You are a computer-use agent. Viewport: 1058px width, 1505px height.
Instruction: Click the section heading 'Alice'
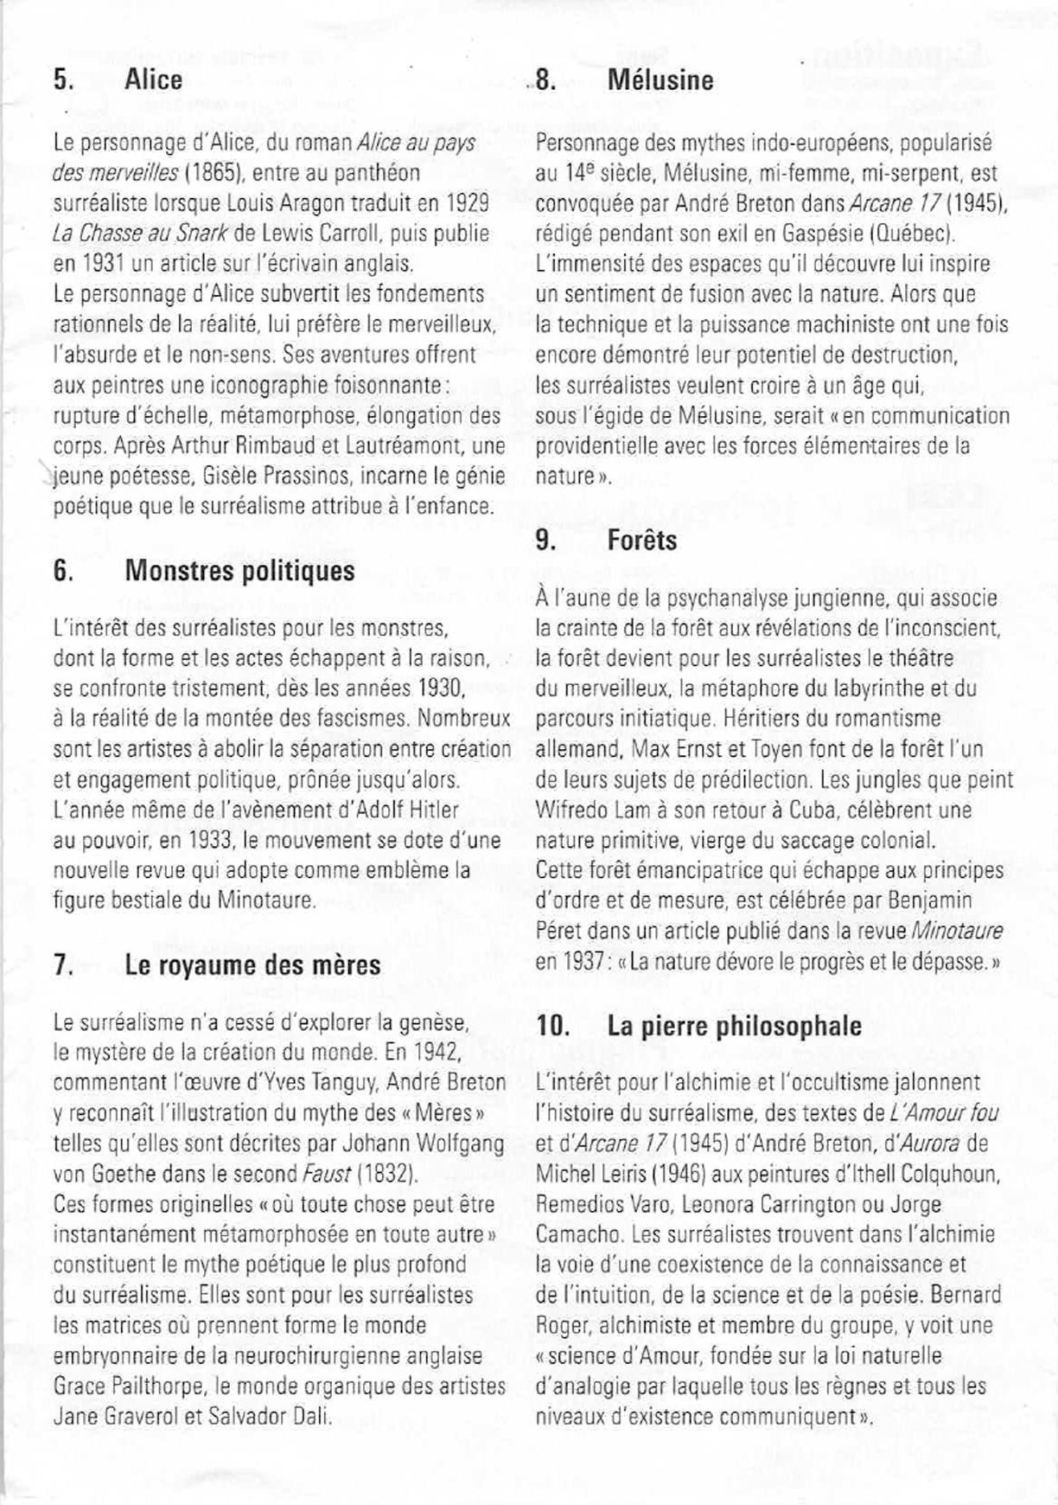point(153,80)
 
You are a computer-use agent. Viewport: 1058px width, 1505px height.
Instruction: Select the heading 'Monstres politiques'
point(239,571)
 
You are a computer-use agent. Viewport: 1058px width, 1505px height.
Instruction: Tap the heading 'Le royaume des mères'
point(252,964)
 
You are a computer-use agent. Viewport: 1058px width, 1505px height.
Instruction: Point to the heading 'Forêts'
point(642,541)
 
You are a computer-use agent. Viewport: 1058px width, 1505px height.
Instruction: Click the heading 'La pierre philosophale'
point(734,1026)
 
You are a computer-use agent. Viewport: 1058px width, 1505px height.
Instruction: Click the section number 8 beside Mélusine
point(545,80)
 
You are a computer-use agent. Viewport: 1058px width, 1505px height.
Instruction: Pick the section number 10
point(552,1026)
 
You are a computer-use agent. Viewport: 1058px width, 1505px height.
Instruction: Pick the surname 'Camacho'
point(573,1234)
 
